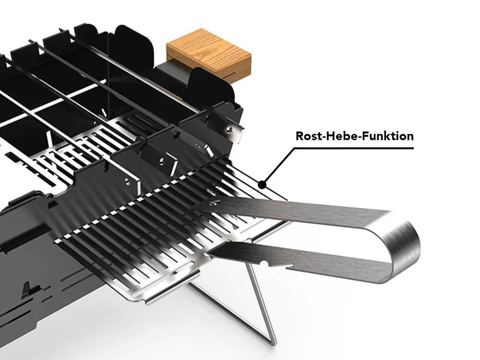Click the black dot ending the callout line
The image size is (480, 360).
[262, 184]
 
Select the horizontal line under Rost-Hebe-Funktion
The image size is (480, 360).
[355, 148]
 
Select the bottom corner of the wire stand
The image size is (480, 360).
[272, 342]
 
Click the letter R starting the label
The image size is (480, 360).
[299, 136]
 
